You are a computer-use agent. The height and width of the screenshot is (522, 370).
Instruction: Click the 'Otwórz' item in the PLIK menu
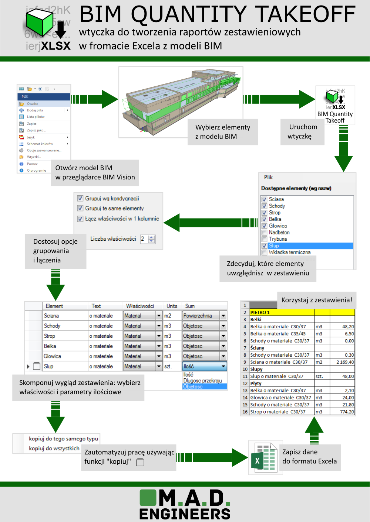[32, 104]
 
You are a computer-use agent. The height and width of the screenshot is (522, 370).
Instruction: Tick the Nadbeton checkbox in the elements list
[265, 233]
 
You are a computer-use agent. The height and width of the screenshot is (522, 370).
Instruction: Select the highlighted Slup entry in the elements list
[274, 246]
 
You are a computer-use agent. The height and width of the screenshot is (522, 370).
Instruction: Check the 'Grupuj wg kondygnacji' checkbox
[80, 198]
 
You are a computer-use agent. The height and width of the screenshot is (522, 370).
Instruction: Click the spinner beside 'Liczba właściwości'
[151, 239]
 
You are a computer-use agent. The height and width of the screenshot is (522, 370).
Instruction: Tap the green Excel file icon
[263, 458]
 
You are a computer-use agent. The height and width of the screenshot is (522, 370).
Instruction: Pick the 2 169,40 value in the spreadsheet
[344, 362]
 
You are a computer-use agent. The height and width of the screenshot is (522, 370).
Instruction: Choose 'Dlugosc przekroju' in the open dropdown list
[202, 381]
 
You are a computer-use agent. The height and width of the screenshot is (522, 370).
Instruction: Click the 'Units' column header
[172, 306]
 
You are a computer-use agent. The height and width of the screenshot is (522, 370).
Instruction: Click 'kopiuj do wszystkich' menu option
[54, 448]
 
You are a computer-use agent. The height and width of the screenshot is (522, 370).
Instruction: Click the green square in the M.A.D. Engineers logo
[148, 497]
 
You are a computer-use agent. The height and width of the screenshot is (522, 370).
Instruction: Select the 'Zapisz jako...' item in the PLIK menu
[36, 130]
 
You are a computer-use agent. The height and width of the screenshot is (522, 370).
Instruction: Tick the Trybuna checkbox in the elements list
[265, 239]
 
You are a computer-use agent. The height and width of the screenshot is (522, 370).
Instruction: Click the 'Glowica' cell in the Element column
[53, 356]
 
